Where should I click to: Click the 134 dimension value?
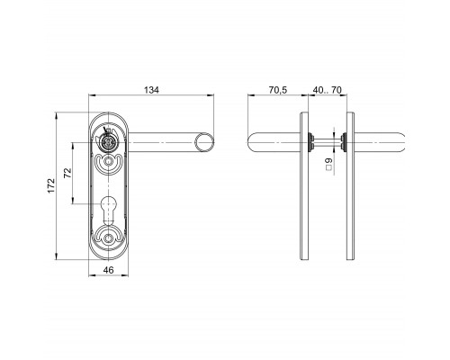click(152, 90)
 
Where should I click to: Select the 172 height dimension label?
click(51, 185)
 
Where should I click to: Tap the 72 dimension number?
click(68, 173)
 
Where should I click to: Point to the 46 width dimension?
click(109, 270)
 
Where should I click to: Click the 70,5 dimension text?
click(278, 90)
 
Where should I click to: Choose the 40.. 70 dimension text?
click(328, 90)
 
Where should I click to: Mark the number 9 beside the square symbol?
click(329, 160)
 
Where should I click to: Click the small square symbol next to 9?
click(329, 168)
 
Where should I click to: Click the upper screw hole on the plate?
click(107, 162)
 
